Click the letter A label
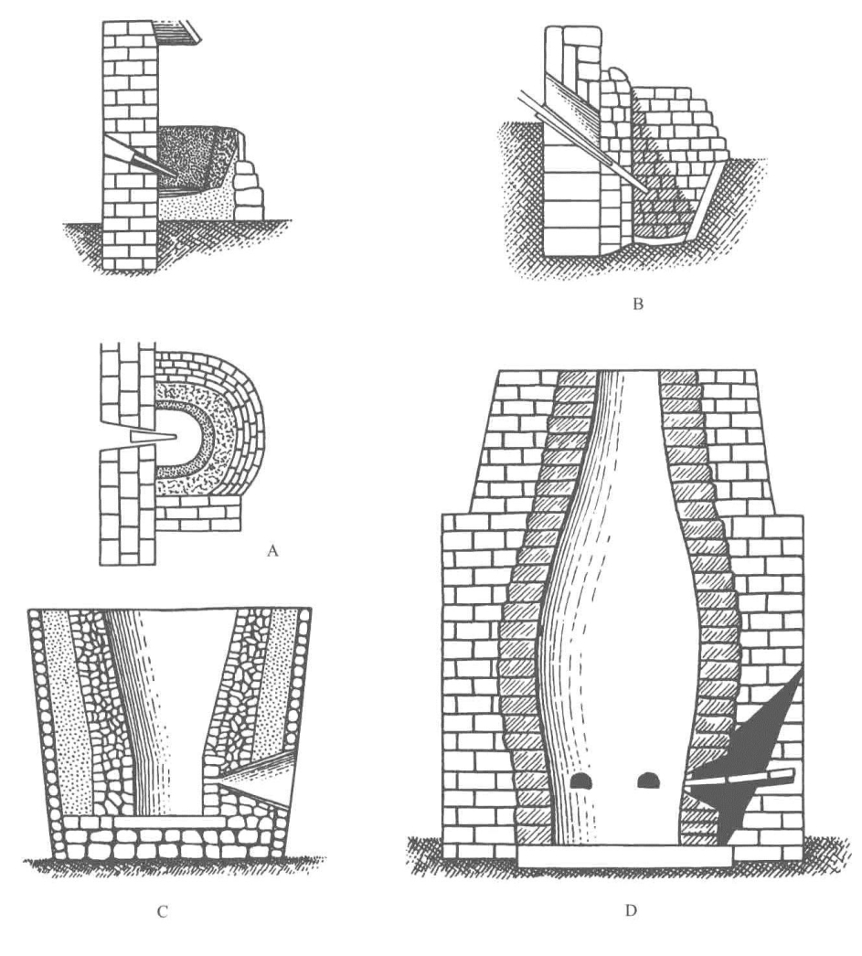coord(272,551)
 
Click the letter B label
coord(638,303)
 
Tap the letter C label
coord(162,912)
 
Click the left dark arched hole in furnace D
coord(580,781)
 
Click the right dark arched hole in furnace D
coord(647,780)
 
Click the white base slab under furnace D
coord(624,855)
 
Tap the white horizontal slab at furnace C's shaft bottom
coord(168,821)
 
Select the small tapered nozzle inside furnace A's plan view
coord(153,438)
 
